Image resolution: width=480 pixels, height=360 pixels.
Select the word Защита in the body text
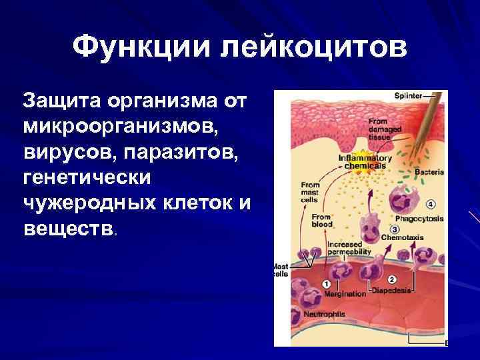(59, 102)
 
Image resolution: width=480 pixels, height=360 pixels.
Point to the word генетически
(87, 178)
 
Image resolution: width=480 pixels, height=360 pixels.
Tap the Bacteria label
(429, 172)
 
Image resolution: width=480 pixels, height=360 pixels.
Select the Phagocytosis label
(419, 218)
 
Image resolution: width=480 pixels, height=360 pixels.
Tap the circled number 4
(431, 203)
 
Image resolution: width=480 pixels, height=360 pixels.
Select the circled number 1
(327, 284)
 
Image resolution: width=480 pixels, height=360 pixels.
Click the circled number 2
(391, 279)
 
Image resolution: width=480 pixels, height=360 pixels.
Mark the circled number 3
(385, 228)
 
